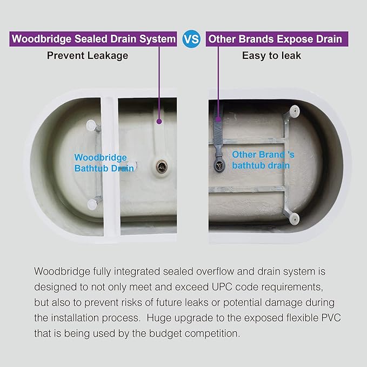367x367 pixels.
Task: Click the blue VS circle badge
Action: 191,39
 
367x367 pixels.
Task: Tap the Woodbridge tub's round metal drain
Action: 162,166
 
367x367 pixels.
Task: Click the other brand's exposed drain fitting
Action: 219,165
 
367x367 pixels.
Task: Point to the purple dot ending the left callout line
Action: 159,122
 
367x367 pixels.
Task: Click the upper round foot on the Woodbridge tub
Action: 91,125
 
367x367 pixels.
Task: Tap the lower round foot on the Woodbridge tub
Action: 92,204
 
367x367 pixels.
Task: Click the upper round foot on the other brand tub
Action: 294,111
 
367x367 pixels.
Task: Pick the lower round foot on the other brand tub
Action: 294,218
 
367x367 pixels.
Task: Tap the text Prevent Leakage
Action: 88,56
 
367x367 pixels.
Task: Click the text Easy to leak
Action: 271,56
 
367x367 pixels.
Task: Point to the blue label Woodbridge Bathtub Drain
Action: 104,163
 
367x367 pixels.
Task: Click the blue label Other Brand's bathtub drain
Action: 263,160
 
